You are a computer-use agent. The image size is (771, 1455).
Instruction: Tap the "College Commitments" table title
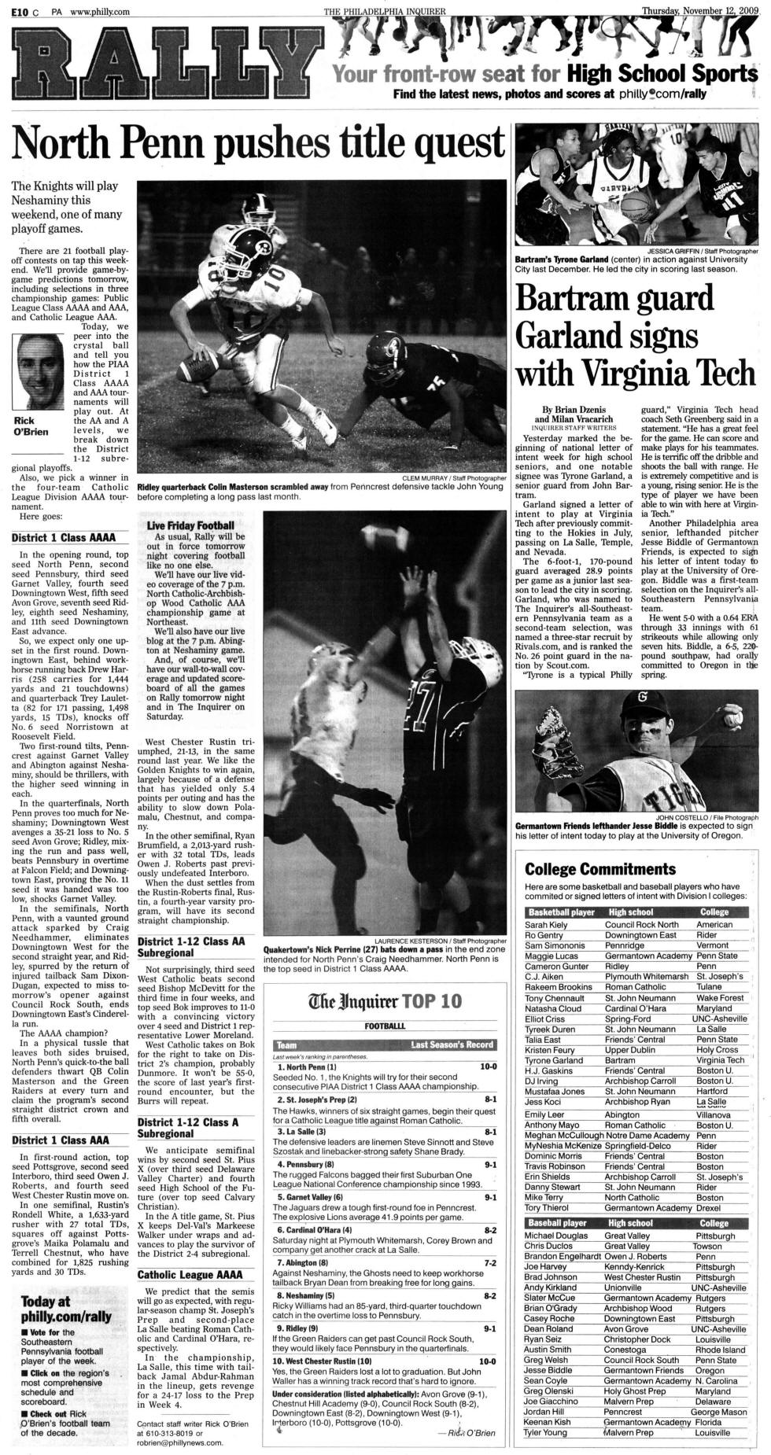(600, 869)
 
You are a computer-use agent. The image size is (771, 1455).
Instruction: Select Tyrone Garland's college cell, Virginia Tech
(719, 1060)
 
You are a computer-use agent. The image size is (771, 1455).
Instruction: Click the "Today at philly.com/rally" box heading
(66, 1310)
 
